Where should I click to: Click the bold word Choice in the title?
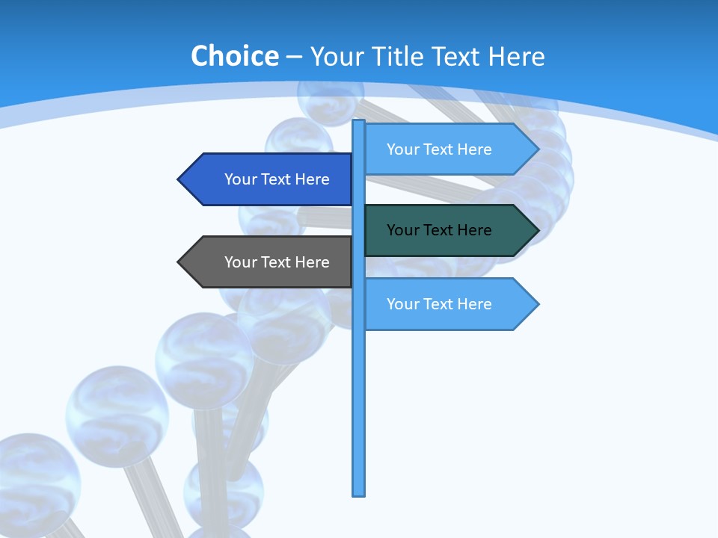(x=234, y=56)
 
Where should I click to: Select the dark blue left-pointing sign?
(x=269, y=179)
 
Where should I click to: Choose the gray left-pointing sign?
(x=269, y=262)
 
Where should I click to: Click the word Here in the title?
(x=516, y=56)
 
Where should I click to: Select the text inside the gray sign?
(x=277, y=262)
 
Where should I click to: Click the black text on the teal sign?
(x=439, y=230)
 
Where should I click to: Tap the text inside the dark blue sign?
(x=277, y=179)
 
